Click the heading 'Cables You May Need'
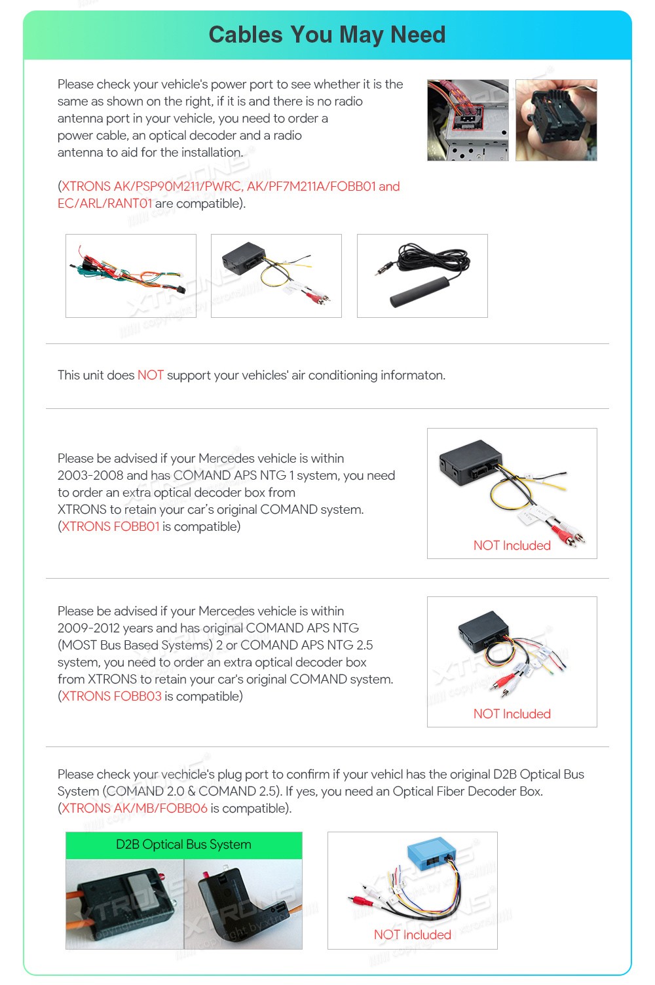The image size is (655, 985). click(x=327, y=35)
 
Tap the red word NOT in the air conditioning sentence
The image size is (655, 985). click(x=150, y=376)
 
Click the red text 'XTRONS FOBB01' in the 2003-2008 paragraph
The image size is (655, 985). click(x=111, y=527)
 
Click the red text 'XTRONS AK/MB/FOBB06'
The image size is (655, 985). click(x=134, y=809)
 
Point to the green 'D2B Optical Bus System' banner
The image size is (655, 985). click(x=183, y=845)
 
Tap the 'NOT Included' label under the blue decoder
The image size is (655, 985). click(x=412, y=935)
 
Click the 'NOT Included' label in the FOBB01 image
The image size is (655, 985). click(x=512, y=546)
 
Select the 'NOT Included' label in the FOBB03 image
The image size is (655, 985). click(x=512, y=714)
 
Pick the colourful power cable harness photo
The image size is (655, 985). click(x=131, y=276)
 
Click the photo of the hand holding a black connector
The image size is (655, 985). click(x=556, y=121)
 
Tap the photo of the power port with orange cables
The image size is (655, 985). click(x=468, y=121)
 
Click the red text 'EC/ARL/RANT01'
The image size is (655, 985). click(x=105, y=204)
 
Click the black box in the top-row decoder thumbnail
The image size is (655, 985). click(x=244, y=256)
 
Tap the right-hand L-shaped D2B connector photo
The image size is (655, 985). click(x=243, y=904)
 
